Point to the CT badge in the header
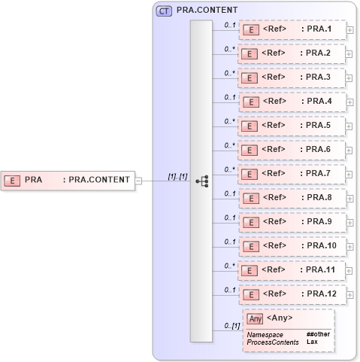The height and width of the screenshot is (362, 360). [x=163, y=11]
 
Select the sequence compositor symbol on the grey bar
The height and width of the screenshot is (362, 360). [x=201, y=181]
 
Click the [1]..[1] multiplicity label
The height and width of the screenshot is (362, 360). [x=177, y=176]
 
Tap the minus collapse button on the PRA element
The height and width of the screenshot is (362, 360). [x=138, y=181]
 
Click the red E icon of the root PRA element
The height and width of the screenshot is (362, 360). [x=12, y=180]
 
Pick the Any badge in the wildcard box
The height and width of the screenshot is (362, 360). [x=255, y=318]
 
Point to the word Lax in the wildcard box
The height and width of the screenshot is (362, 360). [x=312, y=342]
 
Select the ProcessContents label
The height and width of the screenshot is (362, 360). [x=273, y=342]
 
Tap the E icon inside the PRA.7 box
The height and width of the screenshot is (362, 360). [x=253, y=174]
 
